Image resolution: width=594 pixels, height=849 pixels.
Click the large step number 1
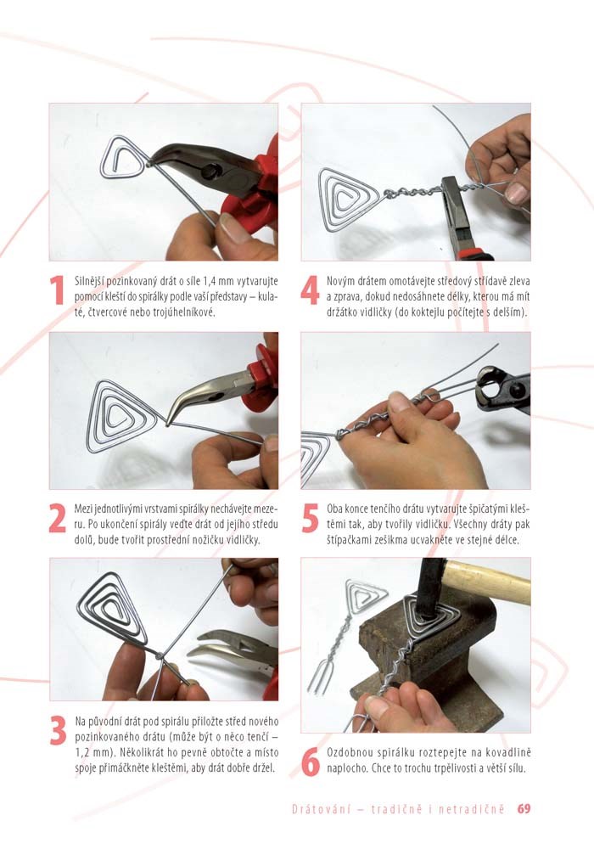[58, 290]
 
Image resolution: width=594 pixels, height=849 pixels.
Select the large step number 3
[58, 730]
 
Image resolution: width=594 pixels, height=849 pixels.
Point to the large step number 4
[310, 291]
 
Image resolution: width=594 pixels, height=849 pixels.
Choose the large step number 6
[311, 762]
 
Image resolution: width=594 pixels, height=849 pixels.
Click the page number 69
[524, 809]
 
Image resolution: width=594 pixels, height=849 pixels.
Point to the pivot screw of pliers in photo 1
[208, 172]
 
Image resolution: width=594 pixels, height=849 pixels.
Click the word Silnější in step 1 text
[89, 282]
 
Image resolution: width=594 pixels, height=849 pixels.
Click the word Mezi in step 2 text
[83, 510]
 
